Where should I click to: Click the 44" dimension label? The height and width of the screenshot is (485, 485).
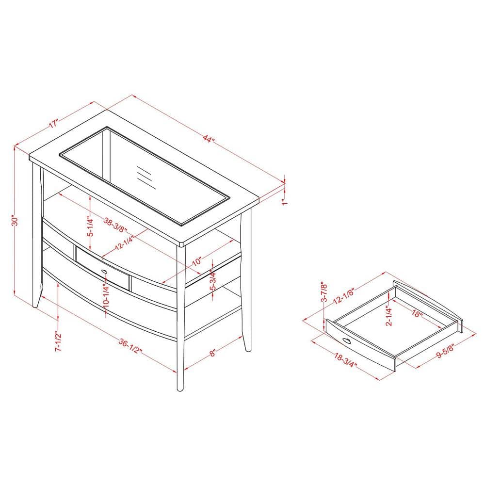209,139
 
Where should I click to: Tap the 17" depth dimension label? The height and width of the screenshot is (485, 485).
53,124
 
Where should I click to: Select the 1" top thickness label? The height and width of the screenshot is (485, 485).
285,202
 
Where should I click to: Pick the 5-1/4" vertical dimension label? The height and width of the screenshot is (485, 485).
90,226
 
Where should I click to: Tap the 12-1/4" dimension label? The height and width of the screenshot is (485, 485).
124,243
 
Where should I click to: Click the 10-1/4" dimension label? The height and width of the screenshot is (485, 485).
106,294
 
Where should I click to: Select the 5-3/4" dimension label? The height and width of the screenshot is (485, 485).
213,279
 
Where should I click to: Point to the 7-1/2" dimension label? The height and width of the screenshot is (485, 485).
58,341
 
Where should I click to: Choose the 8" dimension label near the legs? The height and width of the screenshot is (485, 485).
212,353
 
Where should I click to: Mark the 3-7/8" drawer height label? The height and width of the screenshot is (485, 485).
324,291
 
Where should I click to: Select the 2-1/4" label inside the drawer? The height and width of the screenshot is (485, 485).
389,316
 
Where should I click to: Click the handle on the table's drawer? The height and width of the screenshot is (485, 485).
104,272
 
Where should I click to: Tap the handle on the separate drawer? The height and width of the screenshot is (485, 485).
347,340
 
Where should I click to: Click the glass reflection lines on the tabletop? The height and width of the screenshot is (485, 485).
145,178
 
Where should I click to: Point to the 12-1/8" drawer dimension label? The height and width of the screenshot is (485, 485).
344,296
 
